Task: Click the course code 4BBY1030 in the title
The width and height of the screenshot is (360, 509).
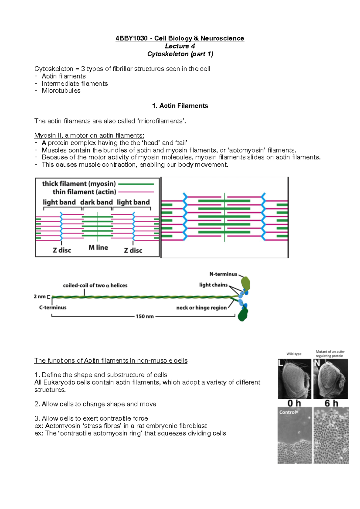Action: (131, 38)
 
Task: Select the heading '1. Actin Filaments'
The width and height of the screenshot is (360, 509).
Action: (180, 106)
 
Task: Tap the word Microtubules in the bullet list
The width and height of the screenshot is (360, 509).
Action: (61, 91)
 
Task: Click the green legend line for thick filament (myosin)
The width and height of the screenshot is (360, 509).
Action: (136, 184)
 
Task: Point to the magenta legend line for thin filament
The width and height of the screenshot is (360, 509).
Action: (136, 192)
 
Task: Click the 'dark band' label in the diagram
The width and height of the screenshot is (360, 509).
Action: (96, 202)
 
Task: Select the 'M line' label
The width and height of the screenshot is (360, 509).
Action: (98, 248)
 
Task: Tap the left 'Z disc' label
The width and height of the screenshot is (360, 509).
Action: (62, 250)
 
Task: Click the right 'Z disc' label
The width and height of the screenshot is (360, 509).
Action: (133, 251)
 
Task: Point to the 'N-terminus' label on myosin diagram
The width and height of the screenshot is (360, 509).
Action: (223, 274)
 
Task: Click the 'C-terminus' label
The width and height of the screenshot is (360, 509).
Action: (53, 308)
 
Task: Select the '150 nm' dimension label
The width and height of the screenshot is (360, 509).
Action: (145, 317)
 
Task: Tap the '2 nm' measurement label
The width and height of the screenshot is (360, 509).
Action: (40, 297)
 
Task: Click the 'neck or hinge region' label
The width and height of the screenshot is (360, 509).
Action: (201, 308)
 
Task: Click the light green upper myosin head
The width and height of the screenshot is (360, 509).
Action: (245, 283)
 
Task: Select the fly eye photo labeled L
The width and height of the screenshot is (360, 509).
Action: (294, 379)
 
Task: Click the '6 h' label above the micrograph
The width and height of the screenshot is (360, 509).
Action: (331, 403)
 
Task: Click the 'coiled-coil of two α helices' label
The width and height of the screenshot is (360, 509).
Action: (95, 286)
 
